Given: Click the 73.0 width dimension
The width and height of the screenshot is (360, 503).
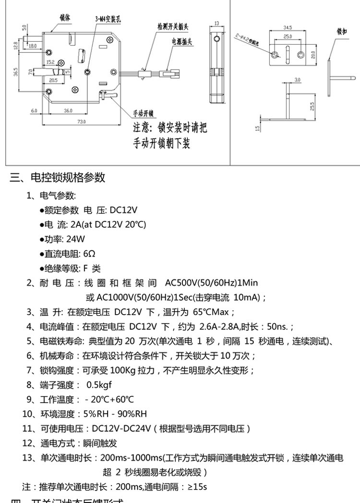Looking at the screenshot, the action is [82, 122].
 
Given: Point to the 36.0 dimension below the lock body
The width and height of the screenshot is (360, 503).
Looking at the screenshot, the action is [68, 111].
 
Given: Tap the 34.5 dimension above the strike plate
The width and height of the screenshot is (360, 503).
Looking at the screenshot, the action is [288, 28].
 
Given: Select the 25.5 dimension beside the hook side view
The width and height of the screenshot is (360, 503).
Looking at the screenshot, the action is [312, 106].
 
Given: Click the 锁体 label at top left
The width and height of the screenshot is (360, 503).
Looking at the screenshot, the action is [65, 17].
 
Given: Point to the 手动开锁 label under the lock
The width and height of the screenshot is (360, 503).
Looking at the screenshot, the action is [143, 113].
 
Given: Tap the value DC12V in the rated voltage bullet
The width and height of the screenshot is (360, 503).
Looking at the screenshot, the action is [124, 210].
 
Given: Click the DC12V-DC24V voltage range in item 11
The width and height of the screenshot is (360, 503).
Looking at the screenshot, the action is [122, 428].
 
